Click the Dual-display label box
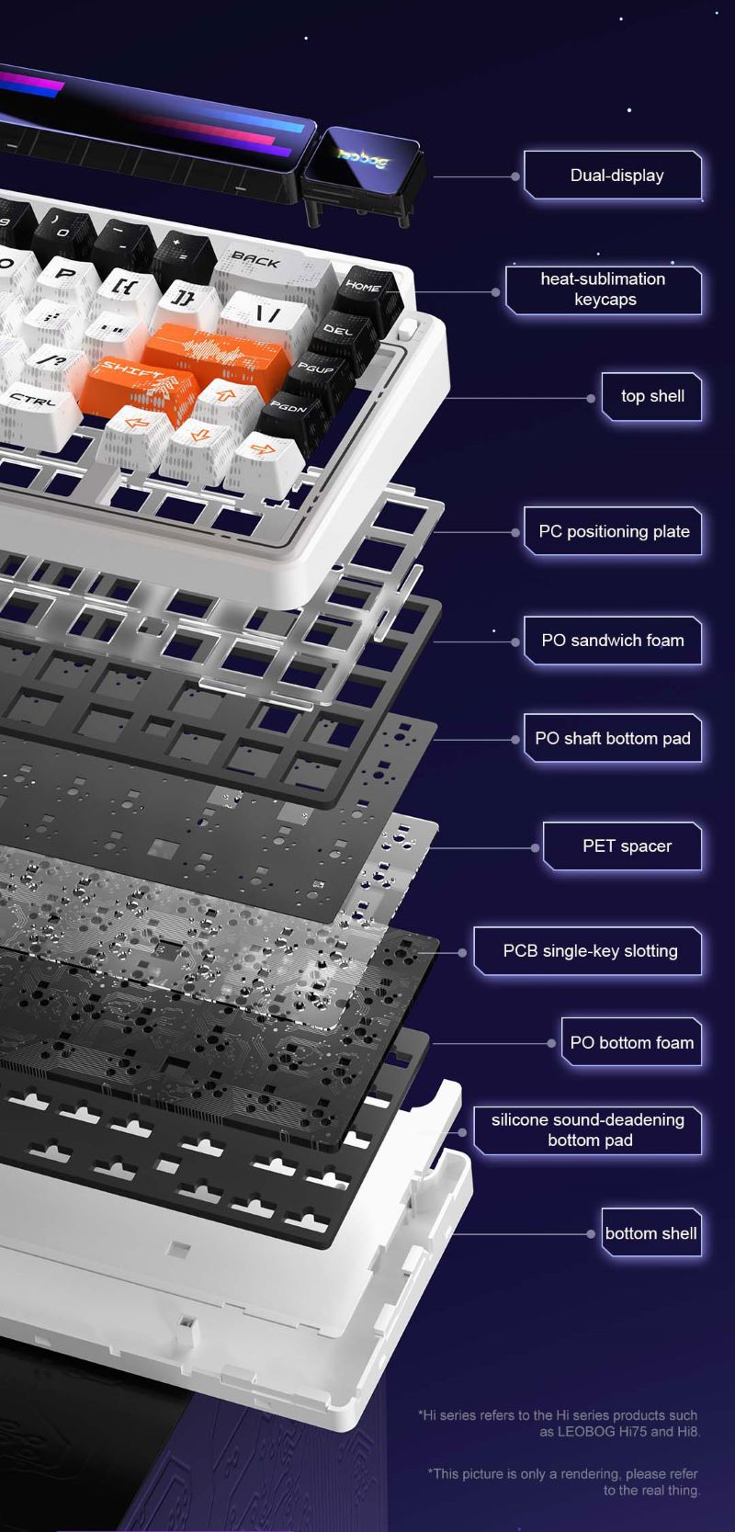point(614,176)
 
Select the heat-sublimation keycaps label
point(604,289)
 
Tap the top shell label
point(652,396)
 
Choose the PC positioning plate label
point(614,530)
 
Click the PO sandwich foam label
point(614,641)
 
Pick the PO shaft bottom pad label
point(614,738)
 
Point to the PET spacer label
point(623,846)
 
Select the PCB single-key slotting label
point(588,950)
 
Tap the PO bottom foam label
point(632,1041)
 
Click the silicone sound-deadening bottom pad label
point(588,1129)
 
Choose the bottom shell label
point(652,1232)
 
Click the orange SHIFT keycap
point(141,386)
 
